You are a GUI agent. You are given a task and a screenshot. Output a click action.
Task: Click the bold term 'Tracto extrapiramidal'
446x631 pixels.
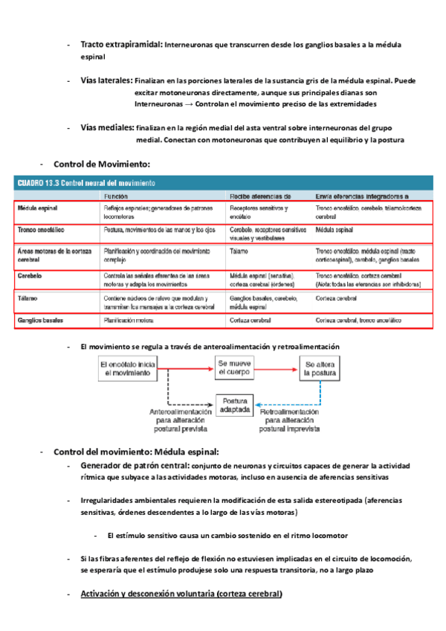point(120,45)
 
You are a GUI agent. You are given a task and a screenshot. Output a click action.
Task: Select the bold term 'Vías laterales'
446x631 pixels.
point(106,80)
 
